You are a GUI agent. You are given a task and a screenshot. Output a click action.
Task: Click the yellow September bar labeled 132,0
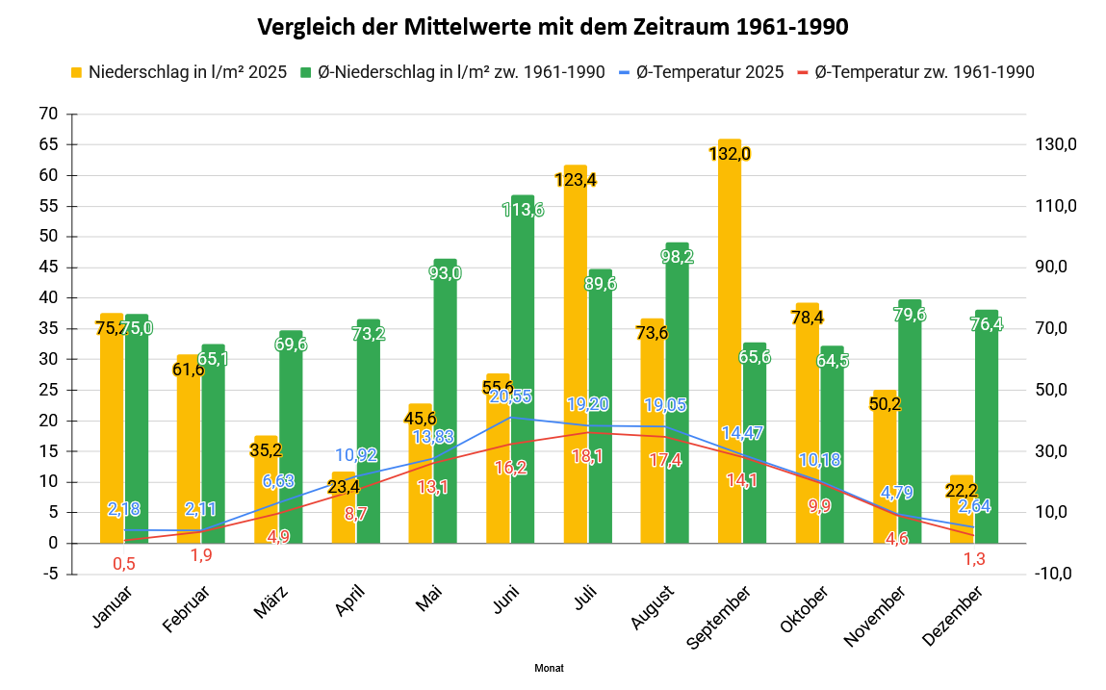[x=730, y=346]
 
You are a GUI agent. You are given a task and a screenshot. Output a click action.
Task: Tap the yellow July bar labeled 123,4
[x=576, y=356]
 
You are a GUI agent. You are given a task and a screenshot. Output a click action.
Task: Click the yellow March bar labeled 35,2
[x=266, y=491]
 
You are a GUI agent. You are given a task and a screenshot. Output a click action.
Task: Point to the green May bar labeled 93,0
[x=445, y=404]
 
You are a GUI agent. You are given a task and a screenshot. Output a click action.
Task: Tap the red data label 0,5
[x=123, y=563]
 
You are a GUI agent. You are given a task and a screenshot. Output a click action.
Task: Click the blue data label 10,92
[x=356, y=455]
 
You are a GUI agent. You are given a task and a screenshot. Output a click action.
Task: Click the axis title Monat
[x=549, y=668]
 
